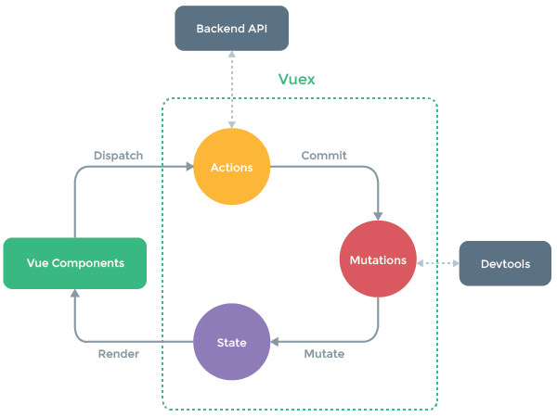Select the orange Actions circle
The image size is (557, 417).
coord(231,168)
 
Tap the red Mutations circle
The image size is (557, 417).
coord(378,260)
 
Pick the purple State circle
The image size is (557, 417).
coord(231,342)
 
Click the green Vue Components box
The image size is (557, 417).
coord(75,263)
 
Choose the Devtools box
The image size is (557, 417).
coord(505,263)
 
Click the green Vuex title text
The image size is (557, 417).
coord(297,80)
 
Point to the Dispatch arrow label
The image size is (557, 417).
coord(119,156)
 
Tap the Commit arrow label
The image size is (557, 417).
coord(324,156)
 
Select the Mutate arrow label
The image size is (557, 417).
coord(324,354)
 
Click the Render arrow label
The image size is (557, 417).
coord(119,354)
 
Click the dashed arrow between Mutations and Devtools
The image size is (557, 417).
coord(438,263)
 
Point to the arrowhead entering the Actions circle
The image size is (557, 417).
coord(188,168)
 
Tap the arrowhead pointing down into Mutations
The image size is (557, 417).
coord(378,216)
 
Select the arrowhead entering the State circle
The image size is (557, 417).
coord(275,342)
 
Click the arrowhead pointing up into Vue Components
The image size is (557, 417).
coord(75,293)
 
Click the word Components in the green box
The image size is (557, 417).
coord(90,263)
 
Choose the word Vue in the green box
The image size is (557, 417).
coord(38,263)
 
